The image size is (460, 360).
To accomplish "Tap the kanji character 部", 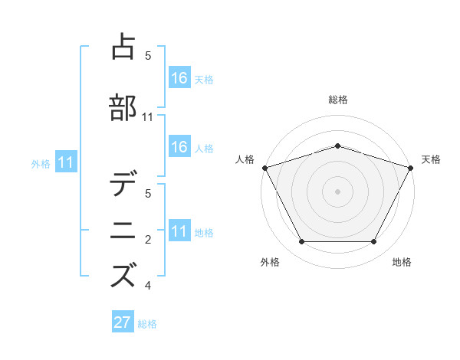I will (x=123, y=107).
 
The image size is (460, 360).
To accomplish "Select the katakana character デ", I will (x=123, y=185).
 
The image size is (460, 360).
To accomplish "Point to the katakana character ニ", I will (x=123, y=230).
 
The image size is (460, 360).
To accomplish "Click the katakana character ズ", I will (x=123, y=275).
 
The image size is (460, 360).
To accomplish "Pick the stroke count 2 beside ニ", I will (x=148, y=241).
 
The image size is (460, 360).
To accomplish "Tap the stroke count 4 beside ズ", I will (x=148, y=286).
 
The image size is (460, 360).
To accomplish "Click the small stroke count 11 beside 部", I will (x=148, y=117).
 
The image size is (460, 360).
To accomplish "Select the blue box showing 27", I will (x=123, y=322).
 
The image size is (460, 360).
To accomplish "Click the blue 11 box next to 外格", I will (x=65, y=162).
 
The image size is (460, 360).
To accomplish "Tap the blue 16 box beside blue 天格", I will (x=179, y=77).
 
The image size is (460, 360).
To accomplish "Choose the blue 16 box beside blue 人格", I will (x=179, y=147).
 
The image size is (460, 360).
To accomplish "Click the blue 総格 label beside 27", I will (x=147, y=324).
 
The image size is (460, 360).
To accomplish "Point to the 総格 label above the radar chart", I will (x=337, y=100).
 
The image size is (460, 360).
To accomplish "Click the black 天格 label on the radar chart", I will (x=431, y=159).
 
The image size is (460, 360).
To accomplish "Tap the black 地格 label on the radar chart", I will (x=402, y=262).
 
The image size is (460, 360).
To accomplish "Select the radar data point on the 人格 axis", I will (x=264, y=168).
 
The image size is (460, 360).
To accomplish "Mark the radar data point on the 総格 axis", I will (x=337, y=146).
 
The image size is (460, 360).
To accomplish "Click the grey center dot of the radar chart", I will (x=337, y=191).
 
